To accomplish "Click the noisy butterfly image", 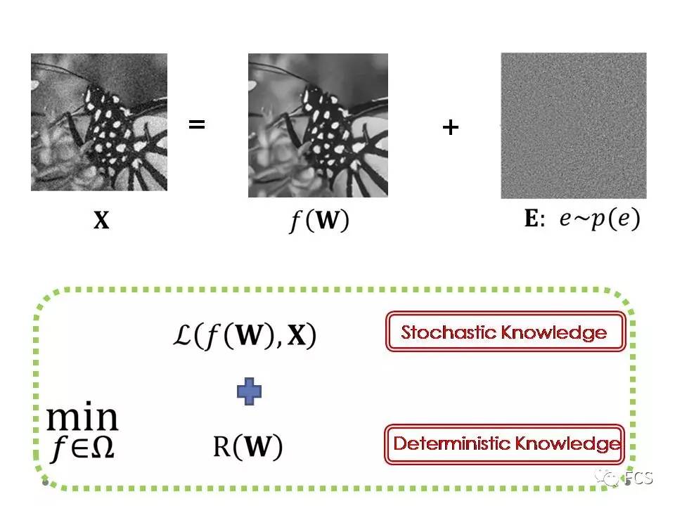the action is (99, 122).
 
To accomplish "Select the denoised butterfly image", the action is (318, 125).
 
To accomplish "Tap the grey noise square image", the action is (573, 126).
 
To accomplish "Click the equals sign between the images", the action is (197, 126).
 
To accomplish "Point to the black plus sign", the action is (450, 127).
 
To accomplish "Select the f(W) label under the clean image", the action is (319, 221).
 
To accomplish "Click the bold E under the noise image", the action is (532, 219).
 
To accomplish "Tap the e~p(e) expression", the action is (600, 219).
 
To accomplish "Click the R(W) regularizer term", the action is (247, 446).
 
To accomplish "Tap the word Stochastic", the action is (449, 332).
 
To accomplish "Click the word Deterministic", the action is (451, 443).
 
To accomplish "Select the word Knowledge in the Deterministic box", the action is (567, 443).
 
